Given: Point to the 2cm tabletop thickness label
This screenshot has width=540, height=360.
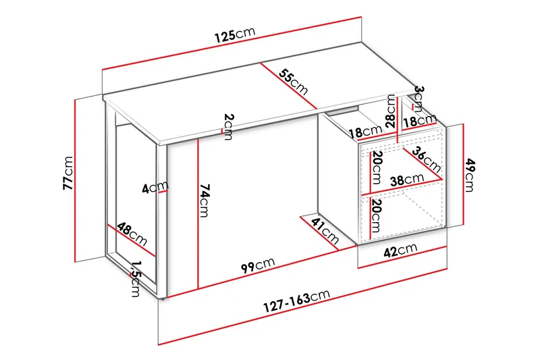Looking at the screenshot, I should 228,126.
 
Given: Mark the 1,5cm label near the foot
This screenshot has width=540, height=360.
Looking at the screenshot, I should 136,278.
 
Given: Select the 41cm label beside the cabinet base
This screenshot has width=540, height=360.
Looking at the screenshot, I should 325,231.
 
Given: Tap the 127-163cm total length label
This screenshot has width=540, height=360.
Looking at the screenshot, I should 298,301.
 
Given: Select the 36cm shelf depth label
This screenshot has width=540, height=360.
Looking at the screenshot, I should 428,159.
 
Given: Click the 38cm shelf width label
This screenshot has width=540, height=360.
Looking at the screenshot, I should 406,180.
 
